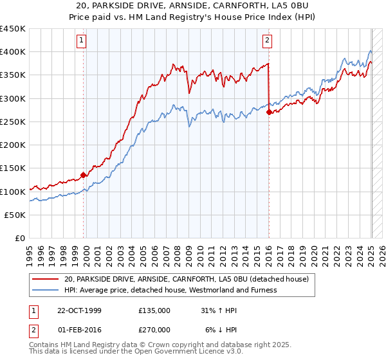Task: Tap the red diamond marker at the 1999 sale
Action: [x=84, y=175]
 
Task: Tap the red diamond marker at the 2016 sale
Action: [x=269, y=112]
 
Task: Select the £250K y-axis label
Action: [x=14, y=122]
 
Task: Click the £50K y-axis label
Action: [x=16, y=215]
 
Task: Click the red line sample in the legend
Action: [x=46, y=279]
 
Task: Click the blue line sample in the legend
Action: [x=46, y=290]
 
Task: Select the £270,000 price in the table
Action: [x=154, y=329]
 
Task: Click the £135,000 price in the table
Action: [x=154, y=310]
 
